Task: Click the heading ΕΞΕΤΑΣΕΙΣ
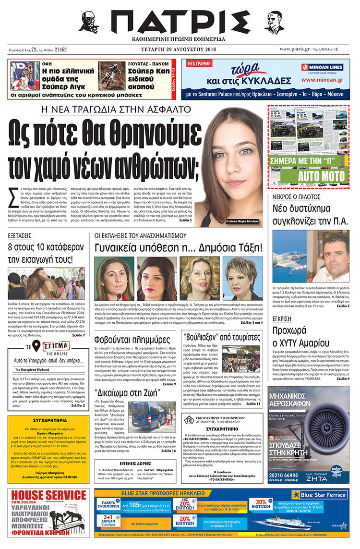pos(23,236)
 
